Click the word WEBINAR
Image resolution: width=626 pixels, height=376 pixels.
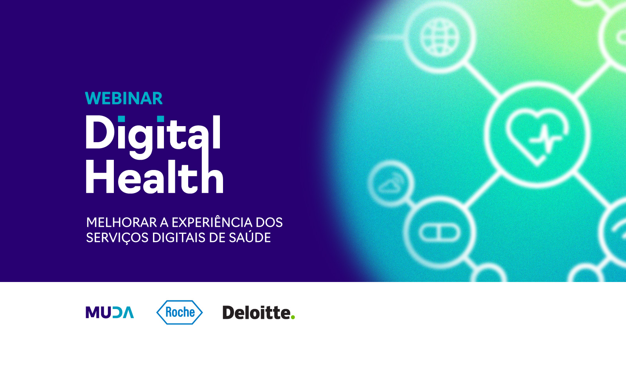(x=124, y=98)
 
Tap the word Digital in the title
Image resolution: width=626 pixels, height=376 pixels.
(x=153, y=137)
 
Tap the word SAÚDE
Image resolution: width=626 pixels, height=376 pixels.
(x=250, y=237)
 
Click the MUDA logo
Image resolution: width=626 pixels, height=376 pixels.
(x=110, y=312)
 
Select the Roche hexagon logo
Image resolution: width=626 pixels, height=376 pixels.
(x=180, y=312)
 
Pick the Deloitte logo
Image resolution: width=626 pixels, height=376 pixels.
(x=259, y=312)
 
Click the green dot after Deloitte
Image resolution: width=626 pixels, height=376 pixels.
(x=293, y=317)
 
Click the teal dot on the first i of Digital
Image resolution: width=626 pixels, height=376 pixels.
(x=121, y=119)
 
